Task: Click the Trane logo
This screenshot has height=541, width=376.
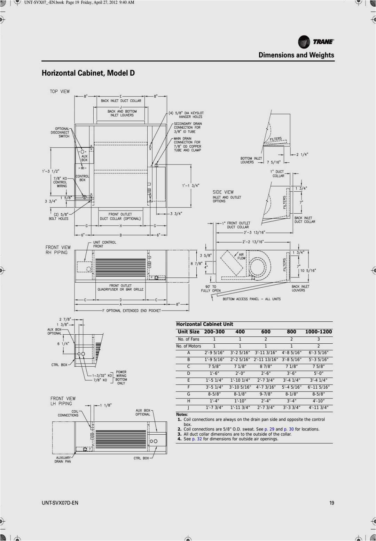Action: click(316, 42)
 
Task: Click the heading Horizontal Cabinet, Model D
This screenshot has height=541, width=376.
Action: click(88, 73)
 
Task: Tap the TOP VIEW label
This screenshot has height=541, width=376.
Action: click(60, 92)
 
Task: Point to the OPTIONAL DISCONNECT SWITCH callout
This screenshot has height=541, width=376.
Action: click(60, 132)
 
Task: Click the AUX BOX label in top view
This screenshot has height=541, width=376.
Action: click(84, 158)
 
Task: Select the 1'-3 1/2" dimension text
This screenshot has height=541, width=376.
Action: click(51, 172)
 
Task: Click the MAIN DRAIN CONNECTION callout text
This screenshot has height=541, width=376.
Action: click(187, 144)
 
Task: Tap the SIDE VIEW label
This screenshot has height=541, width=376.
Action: click(223, 192)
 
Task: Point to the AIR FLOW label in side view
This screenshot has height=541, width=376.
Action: click(241, 257)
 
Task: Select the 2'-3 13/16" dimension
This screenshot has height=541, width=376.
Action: click(254, 233)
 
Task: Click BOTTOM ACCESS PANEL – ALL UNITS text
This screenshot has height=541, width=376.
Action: click(251, 299)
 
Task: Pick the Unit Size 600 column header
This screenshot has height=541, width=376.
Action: click(266, 332)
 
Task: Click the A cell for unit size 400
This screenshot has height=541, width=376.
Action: click(240, 353)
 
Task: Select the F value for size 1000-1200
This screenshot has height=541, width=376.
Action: click(318, 387)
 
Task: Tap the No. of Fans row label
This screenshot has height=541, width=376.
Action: click(188, 339)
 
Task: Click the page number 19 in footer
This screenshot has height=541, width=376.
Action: click(331, 503)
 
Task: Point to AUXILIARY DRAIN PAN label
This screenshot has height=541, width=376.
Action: click(63, 460)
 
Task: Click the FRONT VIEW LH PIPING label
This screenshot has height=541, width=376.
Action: click(63, 401)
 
